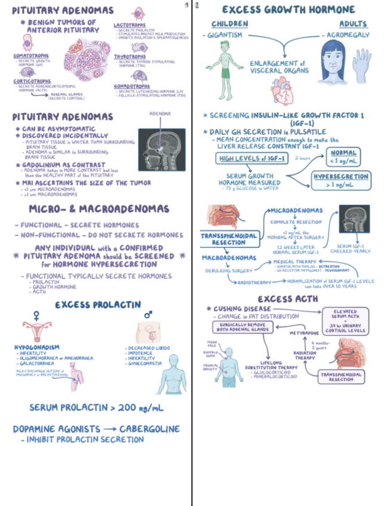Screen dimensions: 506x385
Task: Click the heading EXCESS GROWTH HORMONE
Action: pos(288,10)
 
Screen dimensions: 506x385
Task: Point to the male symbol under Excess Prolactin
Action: pos(147,314)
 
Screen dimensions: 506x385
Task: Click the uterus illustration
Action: pos(37,332)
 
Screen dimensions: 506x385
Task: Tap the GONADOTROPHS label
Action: pos(132,86)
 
